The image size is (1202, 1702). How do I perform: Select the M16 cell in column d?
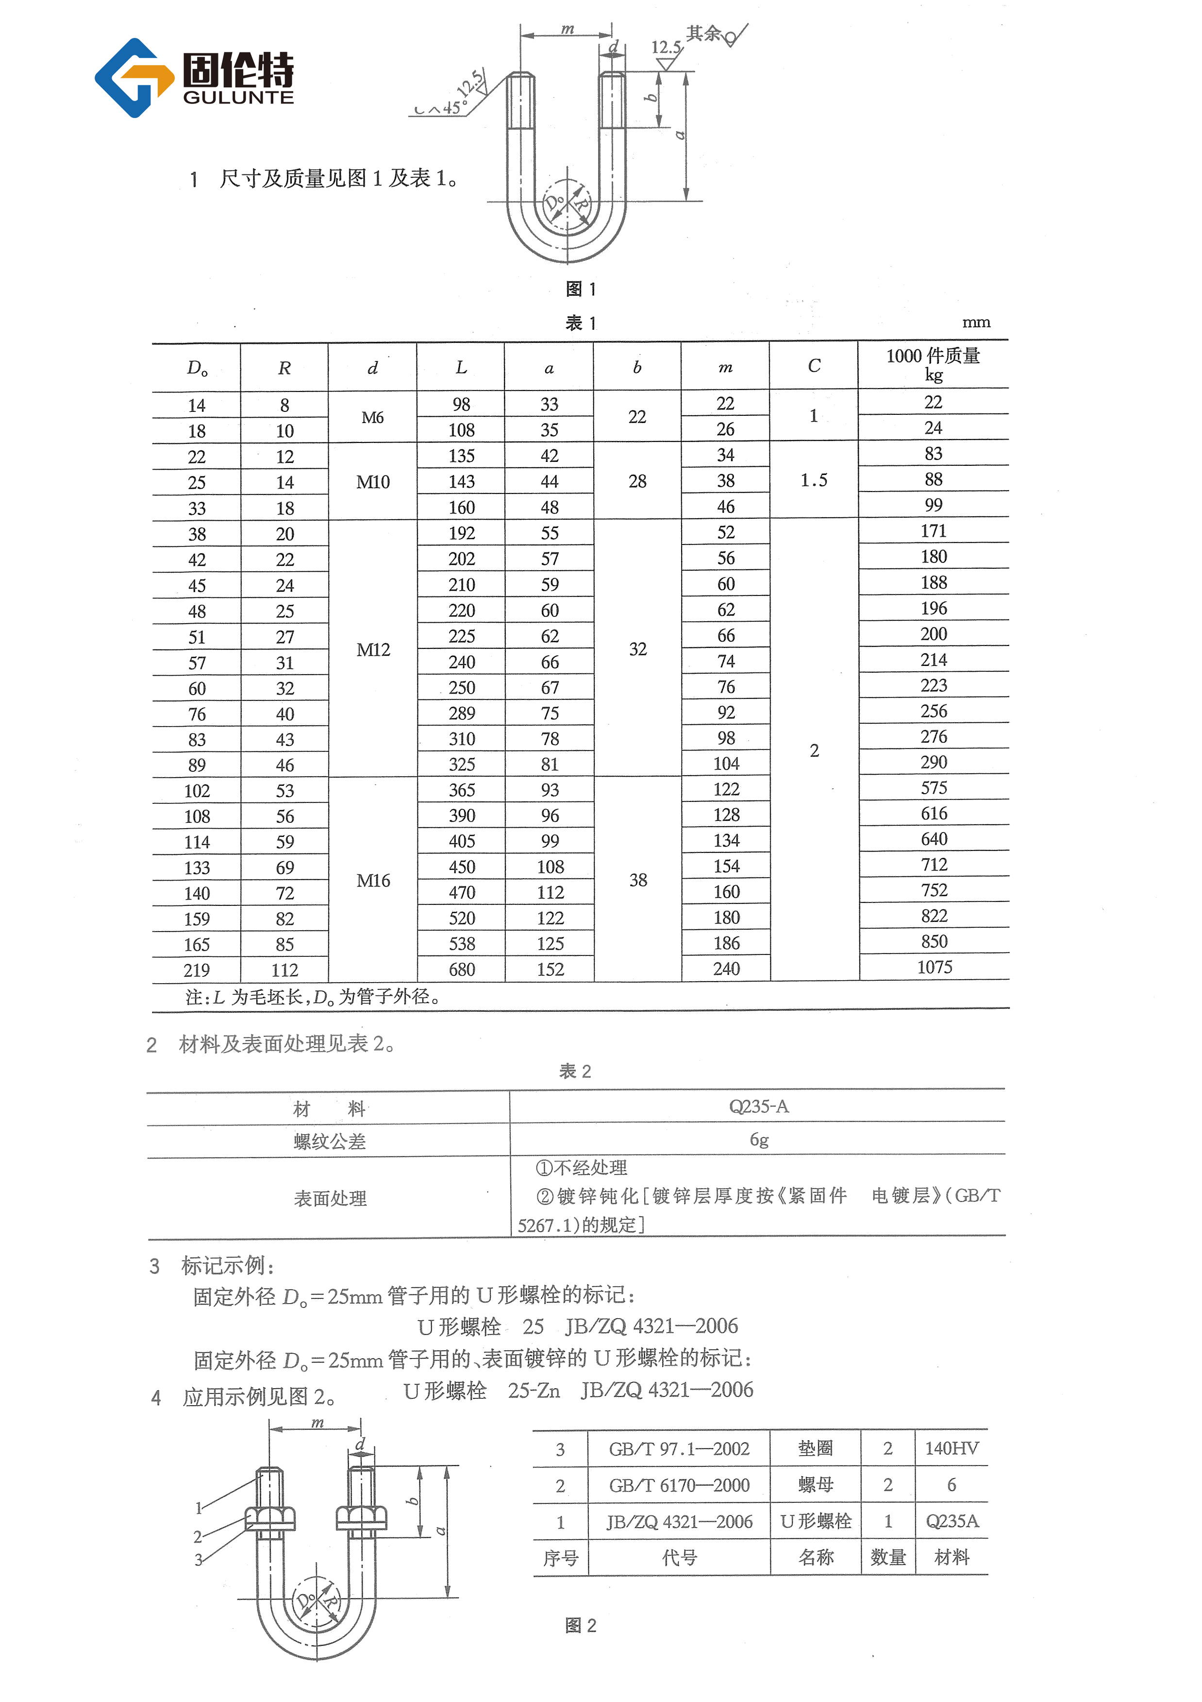click(373, 881)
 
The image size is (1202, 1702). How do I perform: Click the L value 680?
click(462, 969)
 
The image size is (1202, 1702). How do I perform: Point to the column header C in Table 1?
click(814, 365)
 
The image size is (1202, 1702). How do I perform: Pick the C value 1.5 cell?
click(814, 480)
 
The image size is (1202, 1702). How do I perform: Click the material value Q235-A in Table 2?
click(758, 1107)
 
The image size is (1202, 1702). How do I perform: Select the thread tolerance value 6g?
click(758, 1140)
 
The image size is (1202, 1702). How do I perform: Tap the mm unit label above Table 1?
click(975, 323)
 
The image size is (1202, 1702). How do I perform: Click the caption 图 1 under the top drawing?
click(580, 289)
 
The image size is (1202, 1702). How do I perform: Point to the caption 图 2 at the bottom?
click(580, 1626)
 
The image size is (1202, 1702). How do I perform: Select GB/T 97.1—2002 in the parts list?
click(679, 1448)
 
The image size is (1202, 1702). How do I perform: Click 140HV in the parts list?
click(952, 1448)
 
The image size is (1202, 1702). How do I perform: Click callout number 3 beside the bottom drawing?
click(199, 1560)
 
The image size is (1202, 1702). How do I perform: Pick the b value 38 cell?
click(638, 880)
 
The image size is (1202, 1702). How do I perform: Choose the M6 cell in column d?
click(373, 417)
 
